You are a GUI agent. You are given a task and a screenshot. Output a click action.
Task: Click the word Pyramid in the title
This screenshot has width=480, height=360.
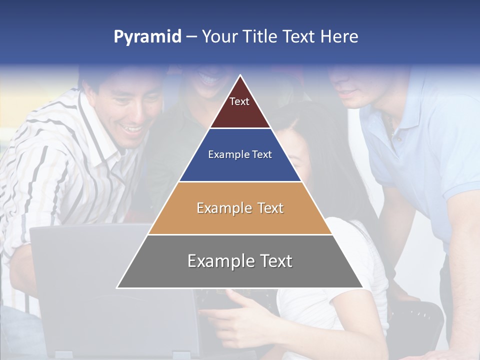pos(147,37)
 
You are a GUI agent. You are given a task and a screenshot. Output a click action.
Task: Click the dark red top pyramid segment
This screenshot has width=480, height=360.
pos(240,107)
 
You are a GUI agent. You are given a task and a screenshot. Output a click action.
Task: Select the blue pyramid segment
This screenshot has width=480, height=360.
pos(240,165)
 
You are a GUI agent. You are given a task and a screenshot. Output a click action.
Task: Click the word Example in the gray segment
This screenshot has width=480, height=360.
pos(217,261)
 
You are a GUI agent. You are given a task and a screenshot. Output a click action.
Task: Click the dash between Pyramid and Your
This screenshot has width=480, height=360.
pos(191,37)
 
